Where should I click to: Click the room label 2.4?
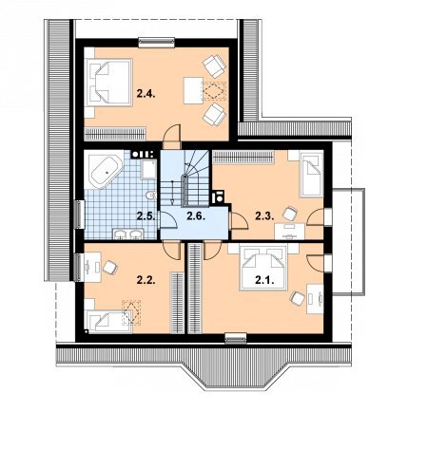pyautogui.click(x=146, y=94)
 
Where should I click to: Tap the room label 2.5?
pyautogui.click(x=146, y=216)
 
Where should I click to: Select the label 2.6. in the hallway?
pyautogui.click(x=196, y=216)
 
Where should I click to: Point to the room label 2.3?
pyautogui.click(x=264, y=216)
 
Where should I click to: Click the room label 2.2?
pyautogui.click(x=146, y=280)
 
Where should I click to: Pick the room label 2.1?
pyautogui.click(x=264, y=280)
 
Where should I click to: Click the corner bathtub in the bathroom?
pyautogui.click(x=106, y=171)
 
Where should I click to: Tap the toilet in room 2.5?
pyautogui.click(x=151, y=196)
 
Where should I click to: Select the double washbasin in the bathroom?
pyautogui.click(x=128, y=234)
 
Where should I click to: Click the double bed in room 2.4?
pyautogui.click(x=109, y=83)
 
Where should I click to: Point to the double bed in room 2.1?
pyautogui.click(x=263, y=268)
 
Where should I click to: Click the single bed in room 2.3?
pyautogui.click(x=311, y=175)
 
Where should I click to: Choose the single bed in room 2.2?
pyautogui.click(x=109, y=322)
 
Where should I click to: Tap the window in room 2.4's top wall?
pyautogui.click(x=157, y=43)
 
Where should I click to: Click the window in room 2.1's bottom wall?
pyautogui.click(x=236, y=338)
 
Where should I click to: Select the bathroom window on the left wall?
pyautogui.click(x=79, y=215)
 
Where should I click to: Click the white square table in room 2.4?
pyautogui.click(x=193, y=90)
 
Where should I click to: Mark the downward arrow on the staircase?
pyautogui.click(x=172, y=193)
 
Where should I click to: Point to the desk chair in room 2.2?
pyautogui.click(x=109, y=268)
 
